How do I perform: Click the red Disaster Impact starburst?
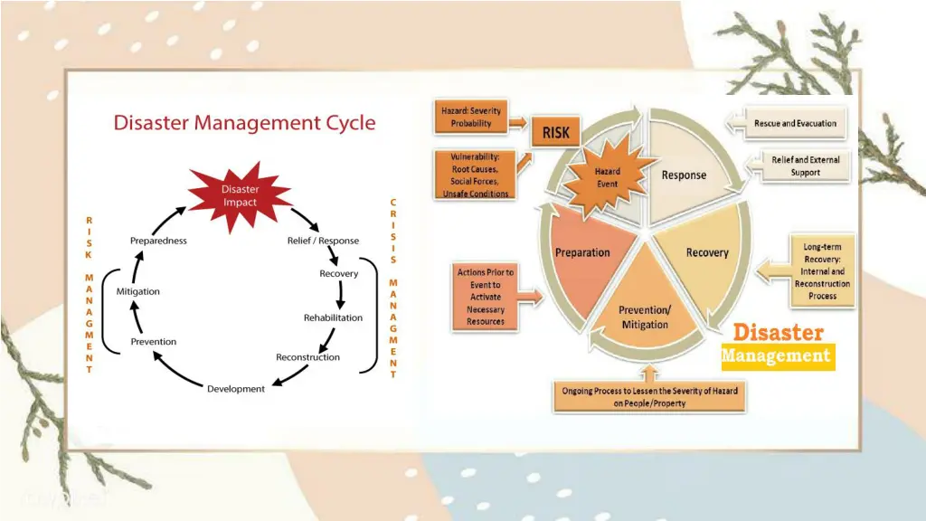point(240,196)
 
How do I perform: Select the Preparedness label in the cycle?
point(158,241)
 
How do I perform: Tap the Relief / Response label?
point(323,241)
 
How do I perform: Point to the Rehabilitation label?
point(333,317)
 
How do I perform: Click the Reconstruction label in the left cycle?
point(307,357)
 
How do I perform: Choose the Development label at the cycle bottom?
point(236,389)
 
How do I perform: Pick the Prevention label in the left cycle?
point(154,342)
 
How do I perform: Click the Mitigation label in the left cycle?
point(138,291)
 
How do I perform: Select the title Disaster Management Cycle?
point(244,122)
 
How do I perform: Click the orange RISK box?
point(556,133)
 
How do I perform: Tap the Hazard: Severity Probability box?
point(471,117)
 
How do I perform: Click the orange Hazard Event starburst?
point(607,177)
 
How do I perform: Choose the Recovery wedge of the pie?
point(706,253)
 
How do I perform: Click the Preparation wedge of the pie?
point(582,252)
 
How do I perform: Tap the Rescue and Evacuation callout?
point(796,123)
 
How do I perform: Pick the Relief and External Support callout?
point(805,166)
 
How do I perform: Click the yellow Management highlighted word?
point(776,356)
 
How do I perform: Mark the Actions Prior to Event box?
point(486,297)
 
